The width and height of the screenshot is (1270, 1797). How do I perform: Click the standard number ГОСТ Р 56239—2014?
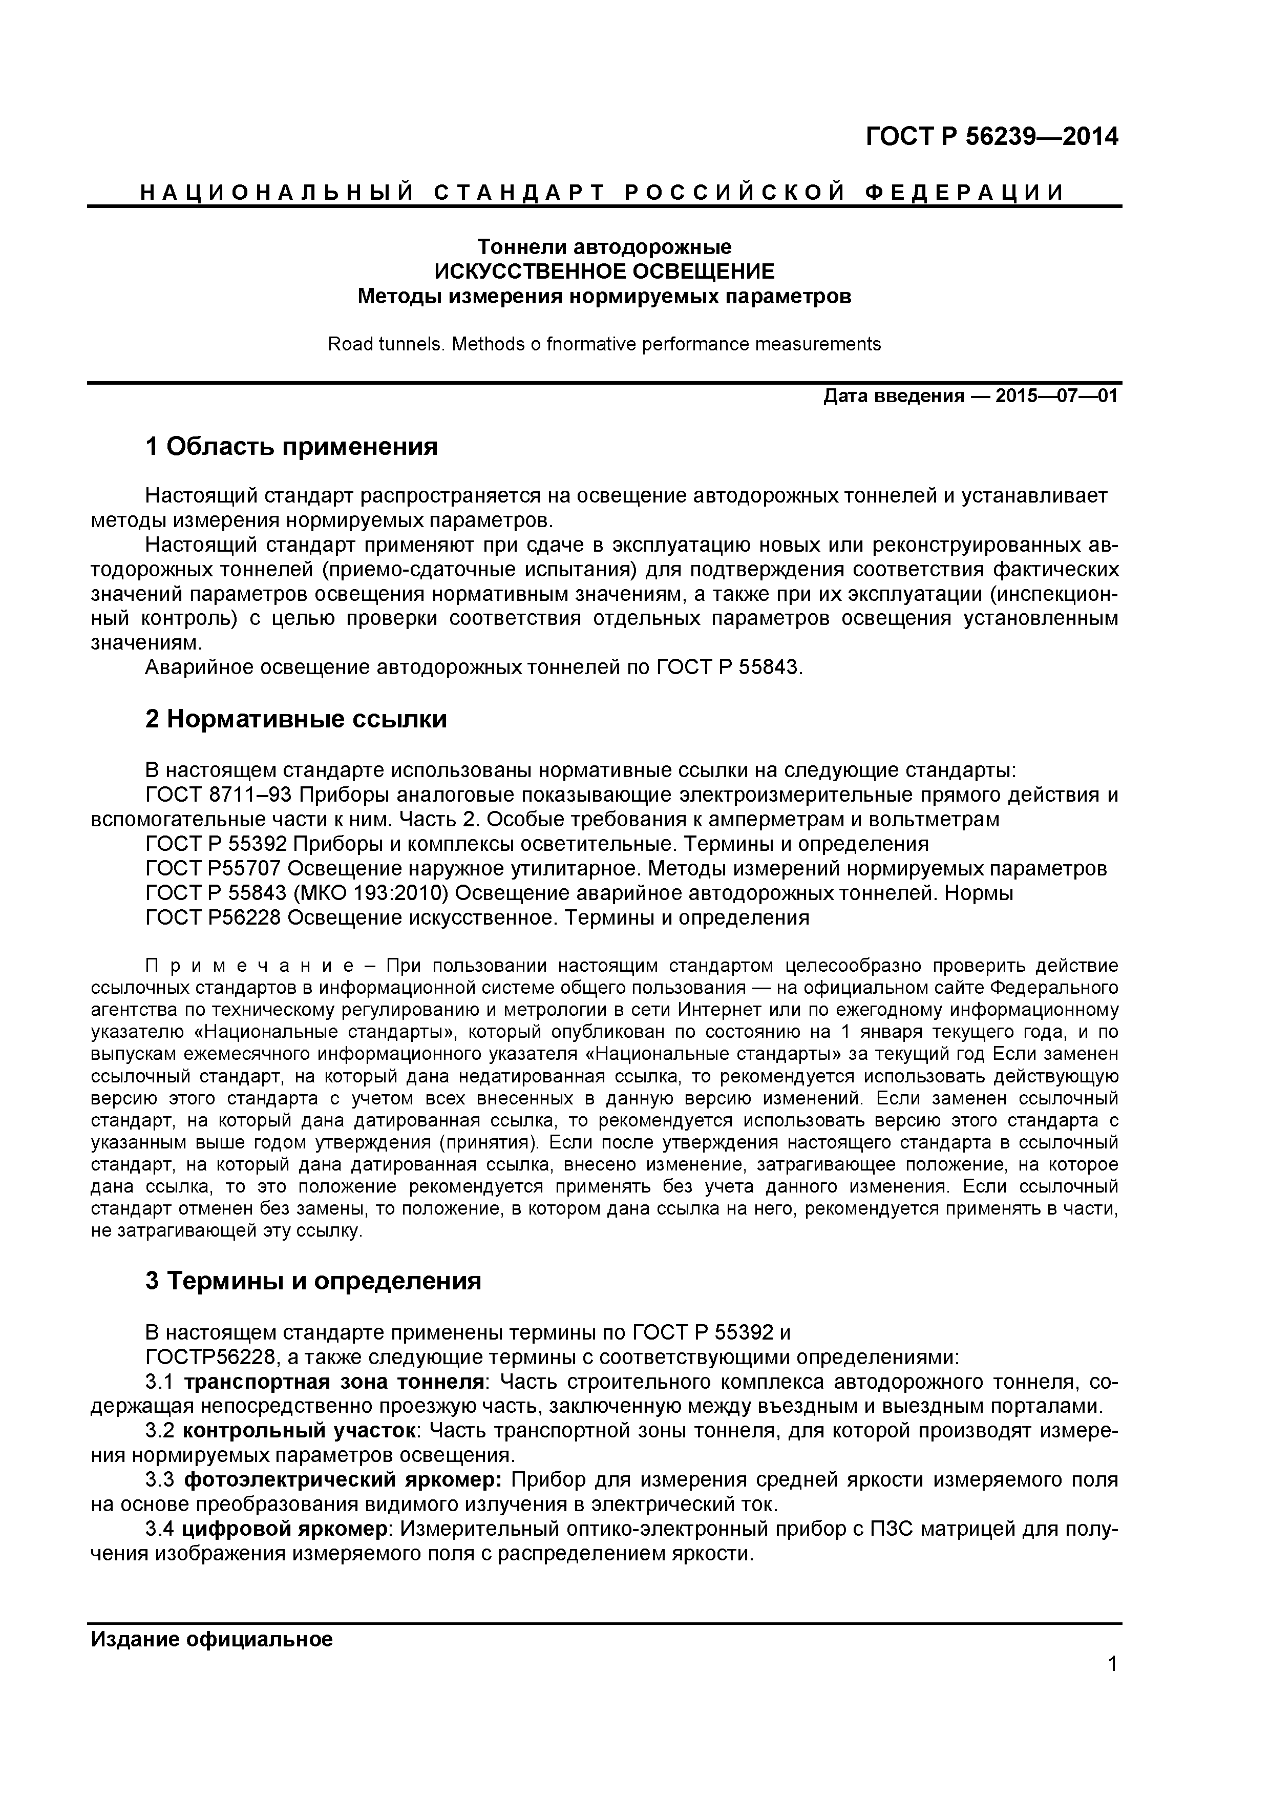(x=991, y=137)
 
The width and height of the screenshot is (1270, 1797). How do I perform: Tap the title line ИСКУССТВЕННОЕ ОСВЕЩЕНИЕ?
(x=604, y=271)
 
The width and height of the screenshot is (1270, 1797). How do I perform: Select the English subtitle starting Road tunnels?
(x=604, y=344)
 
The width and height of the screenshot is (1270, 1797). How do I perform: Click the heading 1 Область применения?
(x=291, y=447)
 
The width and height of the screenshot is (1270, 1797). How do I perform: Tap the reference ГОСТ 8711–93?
(x=218, y=795)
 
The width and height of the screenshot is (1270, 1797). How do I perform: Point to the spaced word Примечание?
(x=233, y=965)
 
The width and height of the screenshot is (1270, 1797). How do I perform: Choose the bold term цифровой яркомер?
(x=288, y=1529)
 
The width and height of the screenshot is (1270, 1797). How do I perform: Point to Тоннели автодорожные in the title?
(x=604, y=247)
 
